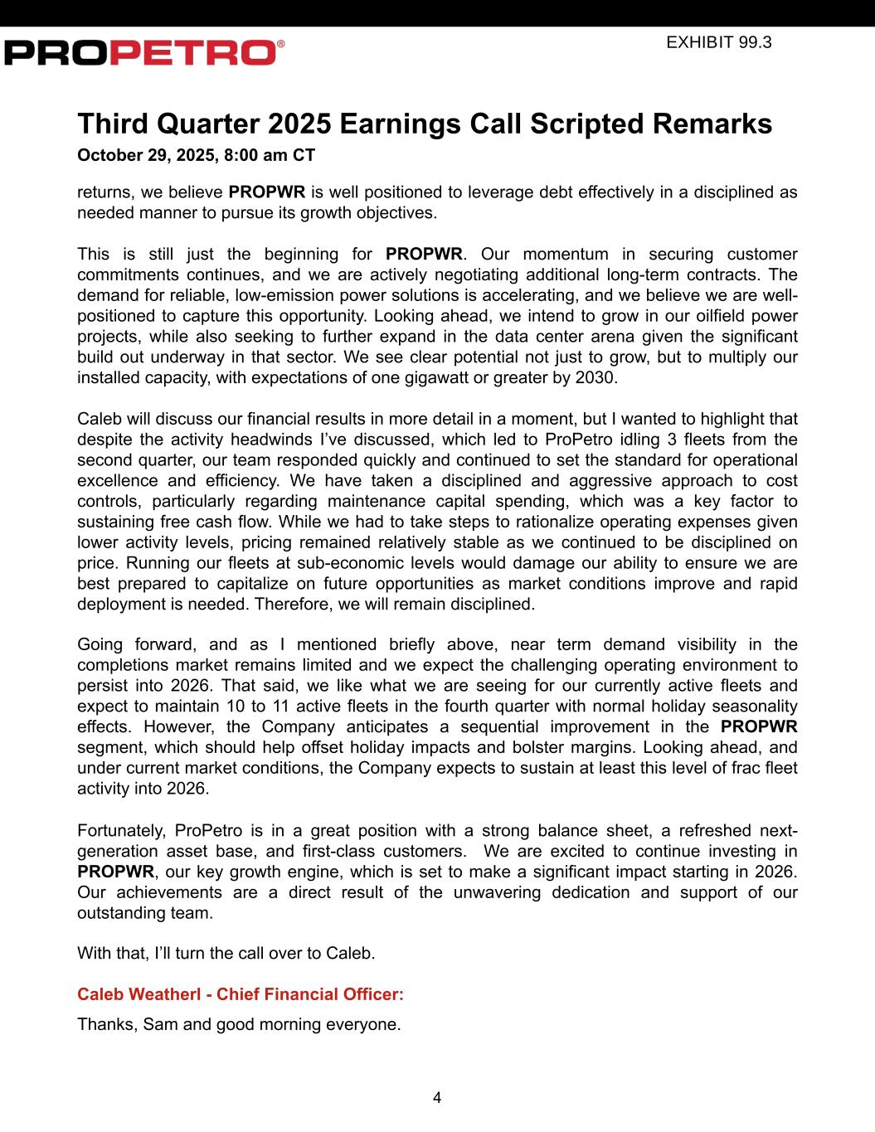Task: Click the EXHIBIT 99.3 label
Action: [x=718, y=42]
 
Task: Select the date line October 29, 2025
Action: [x=196, y=155]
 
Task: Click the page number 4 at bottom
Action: [x=437, y=1098]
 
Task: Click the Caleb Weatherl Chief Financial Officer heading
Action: [x=241, y=994]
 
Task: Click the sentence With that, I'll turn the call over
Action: [x=226, y=953]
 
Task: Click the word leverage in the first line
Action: [x=488, y=192]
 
